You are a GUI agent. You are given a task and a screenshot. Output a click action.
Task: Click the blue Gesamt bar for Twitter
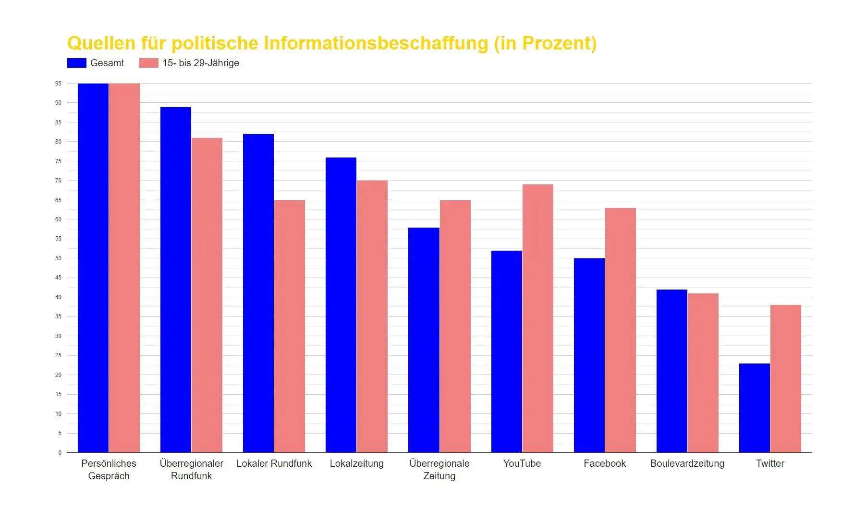[754, 408]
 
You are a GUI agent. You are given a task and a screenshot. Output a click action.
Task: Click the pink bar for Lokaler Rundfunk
[289, 326]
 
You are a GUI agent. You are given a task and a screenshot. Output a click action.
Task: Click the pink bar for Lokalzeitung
[372, 316]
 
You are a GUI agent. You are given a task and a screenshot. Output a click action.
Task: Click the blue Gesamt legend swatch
[76, 63]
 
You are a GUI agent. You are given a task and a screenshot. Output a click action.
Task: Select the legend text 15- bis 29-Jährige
[200, 63]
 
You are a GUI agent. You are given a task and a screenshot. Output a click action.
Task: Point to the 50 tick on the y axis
[58, 258]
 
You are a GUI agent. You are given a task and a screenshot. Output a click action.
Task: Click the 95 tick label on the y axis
[58, 84]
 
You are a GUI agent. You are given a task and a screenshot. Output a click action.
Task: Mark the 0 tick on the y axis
[60, 452]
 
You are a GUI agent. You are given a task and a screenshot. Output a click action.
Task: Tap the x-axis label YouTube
[522, 463]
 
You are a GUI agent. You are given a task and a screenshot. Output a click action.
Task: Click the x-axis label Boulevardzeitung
[687, 463]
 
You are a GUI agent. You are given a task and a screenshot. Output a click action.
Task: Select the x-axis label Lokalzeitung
[356, 463]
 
